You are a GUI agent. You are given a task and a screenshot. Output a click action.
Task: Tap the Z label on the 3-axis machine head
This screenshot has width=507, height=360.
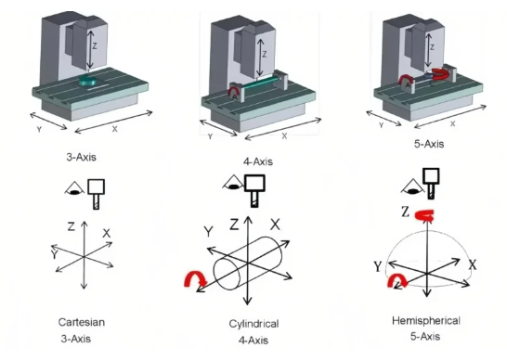tap(95, 46)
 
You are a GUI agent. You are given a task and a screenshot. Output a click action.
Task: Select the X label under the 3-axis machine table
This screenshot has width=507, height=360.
tap(114, 129)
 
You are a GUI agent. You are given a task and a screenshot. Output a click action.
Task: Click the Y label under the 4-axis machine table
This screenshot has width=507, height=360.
tap(210, 136)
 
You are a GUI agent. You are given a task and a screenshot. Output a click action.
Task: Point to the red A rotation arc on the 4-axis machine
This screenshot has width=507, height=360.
tap(235, 87)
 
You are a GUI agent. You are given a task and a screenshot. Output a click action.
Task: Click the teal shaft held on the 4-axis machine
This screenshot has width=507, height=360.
tap(259, 83)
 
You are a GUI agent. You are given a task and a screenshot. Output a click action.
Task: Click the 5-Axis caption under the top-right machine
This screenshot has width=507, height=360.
tap(429, 144)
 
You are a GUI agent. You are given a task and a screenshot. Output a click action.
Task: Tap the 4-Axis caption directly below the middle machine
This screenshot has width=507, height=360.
tap(258, 161)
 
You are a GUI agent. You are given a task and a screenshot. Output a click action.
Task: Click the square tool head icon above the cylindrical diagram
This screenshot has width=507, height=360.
tap(254, 183)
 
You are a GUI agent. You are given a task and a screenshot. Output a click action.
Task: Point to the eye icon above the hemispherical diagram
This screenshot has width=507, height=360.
tap(411, 186)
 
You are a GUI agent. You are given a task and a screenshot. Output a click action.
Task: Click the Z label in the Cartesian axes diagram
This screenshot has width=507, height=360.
tap(71, 226)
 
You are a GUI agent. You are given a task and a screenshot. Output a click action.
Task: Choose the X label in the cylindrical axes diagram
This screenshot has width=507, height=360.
tap(275, 225)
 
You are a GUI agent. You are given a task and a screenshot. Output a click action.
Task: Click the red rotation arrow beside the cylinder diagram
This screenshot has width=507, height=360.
tap(195, 279)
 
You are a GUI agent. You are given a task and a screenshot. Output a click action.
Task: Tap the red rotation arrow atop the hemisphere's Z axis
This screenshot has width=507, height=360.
tap(424, 215)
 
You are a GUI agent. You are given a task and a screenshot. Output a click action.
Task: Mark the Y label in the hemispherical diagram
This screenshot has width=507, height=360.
tap(378, 267)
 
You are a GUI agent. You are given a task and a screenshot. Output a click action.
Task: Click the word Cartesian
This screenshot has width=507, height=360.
tap(82, 322)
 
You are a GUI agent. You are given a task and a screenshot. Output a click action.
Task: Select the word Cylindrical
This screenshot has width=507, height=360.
tap(253, 324)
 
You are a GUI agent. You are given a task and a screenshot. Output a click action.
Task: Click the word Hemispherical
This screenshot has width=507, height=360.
tap(426, 321)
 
